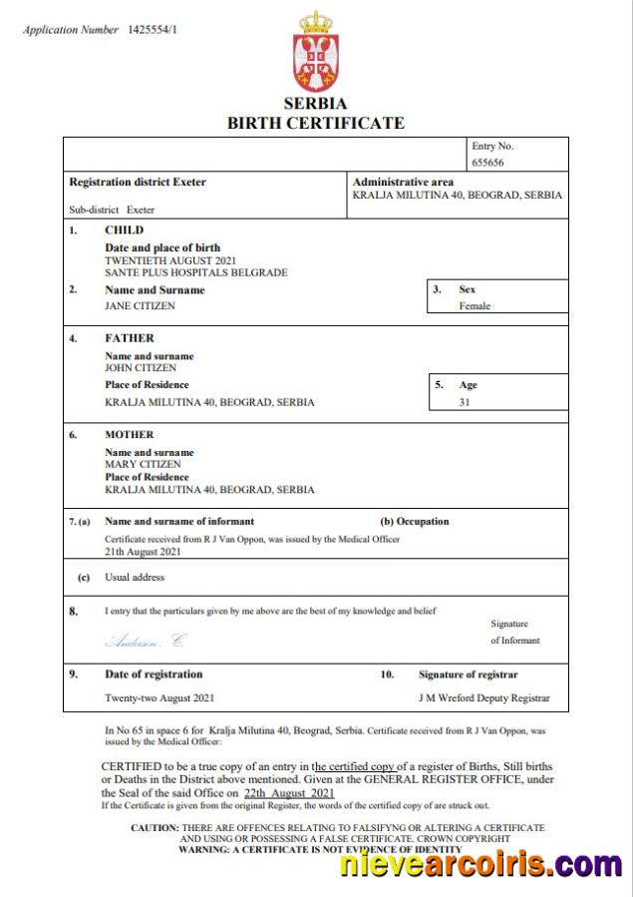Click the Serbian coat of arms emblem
tap(316, 52)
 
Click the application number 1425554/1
tap(153, 30)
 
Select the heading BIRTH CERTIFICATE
tap(316, 124)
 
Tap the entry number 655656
tap(488, 162)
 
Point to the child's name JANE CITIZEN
tap(140, 306)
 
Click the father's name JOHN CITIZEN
tap(140, 368)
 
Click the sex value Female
tap(475, 306)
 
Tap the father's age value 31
tap(465, 402)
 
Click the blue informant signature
tap(145, 641)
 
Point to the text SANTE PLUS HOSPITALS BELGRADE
tap(196, 272)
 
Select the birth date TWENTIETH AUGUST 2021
tap(170, 260)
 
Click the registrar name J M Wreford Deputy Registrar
tap(483, 697)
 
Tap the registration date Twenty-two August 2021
tap(159, 697)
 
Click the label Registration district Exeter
tap(138, 183)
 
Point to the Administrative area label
tap(403, 183)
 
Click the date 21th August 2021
tap(143, 551)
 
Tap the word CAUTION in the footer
tap(155, 828)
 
